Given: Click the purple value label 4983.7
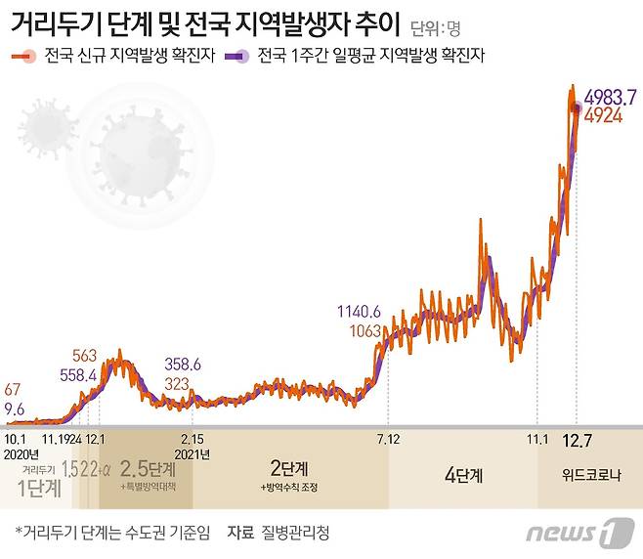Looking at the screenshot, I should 610,97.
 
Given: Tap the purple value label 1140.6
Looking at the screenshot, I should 359,312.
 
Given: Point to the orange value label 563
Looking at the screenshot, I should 85,356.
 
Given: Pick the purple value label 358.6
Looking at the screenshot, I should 183,365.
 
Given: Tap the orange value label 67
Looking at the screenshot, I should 13,391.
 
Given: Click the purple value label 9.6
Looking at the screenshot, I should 15,409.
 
